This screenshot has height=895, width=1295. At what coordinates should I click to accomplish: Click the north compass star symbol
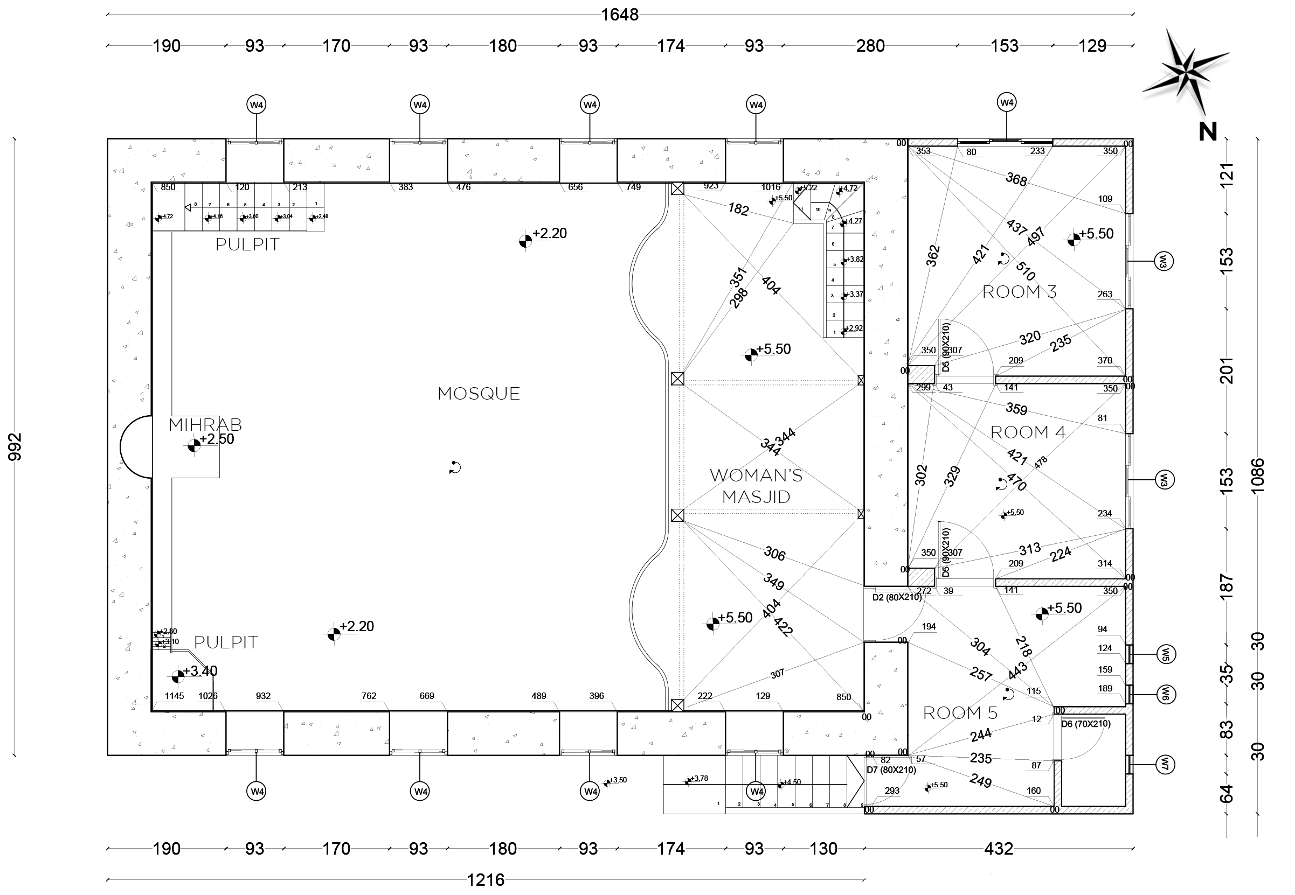point(1185,72)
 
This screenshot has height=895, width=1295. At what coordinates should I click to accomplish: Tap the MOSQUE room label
point(479,394)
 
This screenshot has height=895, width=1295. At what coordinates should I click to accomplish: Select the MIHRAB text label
point(205,424)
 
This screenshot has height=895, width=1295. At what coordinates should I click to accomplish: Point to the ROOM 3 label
point(1020,292)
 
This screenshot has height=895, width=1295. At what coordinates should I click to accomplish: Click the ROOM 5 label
point(960,713)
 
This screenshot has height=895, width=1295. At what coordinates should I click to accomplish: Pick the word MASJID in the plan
point(756,497)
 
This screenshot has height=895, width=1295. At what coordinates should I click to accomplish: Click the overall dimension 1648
point(619,15)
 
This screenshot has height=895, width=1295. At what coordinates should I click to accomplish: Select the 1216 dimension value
point(486,880)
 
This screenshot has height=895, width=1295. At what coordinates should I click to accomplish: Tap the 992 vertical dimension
point(15,447)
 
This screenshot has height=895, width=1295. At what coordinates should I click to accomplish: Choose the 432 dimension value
point(999,849)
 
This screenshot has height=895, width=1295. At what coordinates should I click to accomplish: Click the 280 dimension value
point(870,46)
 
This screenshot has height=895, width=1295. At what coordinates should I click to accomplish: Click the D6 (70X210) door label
point(1086,724)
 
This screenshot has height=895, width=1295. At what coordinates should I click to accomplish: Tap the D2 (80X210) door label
point(897,597)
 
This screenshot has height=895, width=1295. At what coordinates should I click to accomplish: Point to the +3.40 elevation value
point(200,670)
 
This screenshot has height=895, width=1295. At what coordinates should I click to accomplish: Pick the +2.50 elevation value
point(217,439)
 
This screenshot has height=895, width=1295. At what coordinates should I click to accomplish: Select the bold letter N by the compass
point(1208,132)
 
